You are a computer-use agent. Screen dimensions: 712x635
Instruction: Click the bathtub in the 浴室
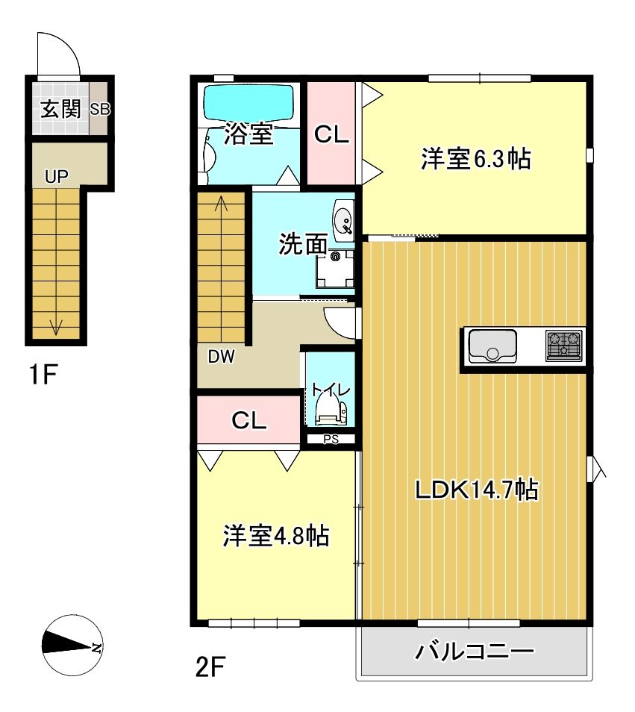coord(248,101)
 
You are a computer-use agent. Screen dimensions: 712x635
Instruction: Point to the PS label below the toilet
coord(331,440)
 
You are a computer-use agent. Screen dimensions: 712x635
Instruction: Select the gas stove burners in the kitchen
coord(564,346)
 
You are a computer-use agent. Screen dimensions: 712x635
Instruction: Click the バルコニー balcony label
coord(475,652)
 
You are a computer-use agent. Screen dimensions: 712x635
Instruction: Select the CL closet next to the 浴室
coord(331,134)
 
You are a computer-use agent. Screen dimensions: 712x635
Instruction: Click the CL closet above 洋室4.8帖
coord(248,420)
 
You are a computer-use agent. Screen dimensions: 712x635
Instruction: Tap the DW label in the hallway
coord(221,357)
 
